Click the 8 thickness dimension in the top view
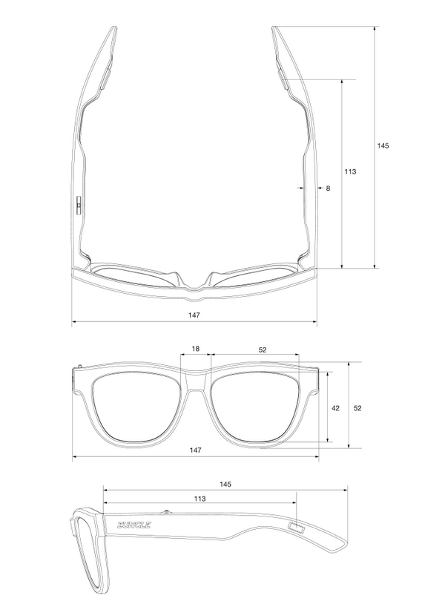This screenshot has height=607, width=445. pos(328,188)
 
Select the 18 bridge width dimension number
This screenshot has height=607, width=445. pos(196,349)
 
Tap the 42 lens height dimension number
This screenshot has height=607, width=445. pos(335,408)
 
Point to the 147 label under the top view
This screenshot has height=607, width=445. pos(194,315)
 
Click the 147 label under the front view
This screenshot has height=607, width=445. pos(194,450)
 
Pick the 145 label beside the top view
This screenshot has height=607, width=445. pos(383,145)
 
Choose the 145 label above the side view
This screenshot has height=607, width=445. pos(225,484)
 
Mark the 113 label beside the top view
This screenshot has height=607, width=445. pos(350,171)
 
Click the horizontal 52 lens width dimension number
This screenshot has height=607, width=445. pos(263,349)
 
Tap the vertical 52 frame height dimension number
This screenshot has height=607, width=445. pos(357,408)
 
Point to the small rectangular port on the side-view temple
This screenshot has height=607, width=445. pos(297,528)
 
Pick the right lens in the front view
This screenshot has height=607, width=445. pos(255,408)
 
